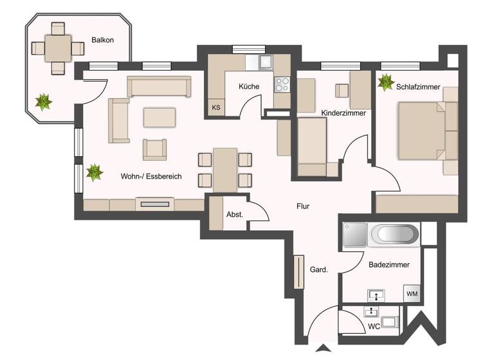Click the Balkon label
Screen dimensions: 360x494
coord(103,40)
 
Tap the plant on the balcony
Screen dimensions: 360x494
coord(43,101)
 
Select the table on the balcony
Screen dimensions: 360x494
coord(59,48)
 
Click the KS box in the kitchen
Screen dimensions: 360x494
coord(215,107)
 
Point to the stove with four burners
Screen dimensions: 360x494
coord(282,84)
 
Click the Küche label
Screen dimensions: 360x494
coord(249,87)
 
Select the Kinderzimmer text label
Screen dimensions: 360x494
coord(343,113)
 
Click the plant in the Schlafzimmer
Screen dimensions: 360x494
coord(386,82)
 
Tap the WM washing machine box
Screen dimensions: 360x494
coord(412,294)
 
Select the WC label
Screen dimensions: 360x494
coord(374,326)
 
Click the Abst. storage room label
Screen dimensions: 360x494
coord(235,214)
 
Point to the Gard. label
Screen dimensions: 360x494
coord(319,270)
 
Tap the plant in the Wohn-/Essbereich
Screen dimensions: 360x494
coord(94,172)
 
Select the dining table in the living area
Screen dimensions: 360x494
coord(225,170)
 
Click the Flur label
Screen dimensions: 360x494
coord(303,207)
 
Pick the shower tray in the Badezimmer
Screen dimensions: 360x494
coord(355,235)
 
